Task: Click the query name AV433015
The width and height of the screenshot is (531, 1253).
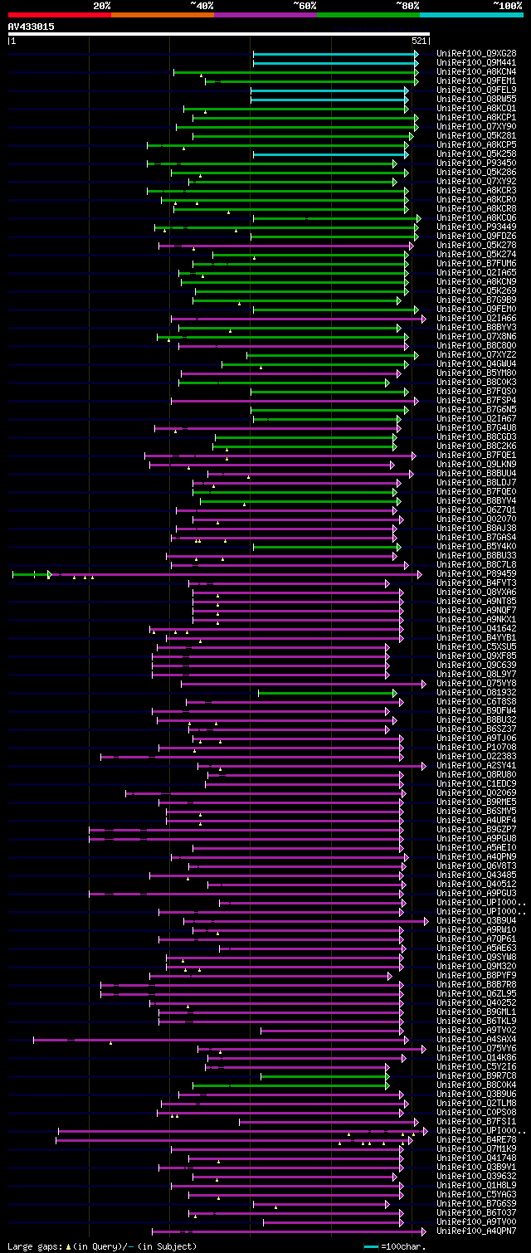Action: (32, 27)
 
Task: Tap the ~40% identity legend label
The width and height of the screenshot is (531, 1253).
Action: (202, 5)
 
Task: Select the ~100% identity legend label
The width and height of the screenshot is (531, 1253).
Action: (507, 5)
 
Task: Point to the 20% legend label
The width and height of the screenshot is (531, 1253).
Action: (102, 5)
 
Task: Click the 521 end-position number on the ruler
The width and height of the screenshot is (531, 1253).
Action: (419, 40)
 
